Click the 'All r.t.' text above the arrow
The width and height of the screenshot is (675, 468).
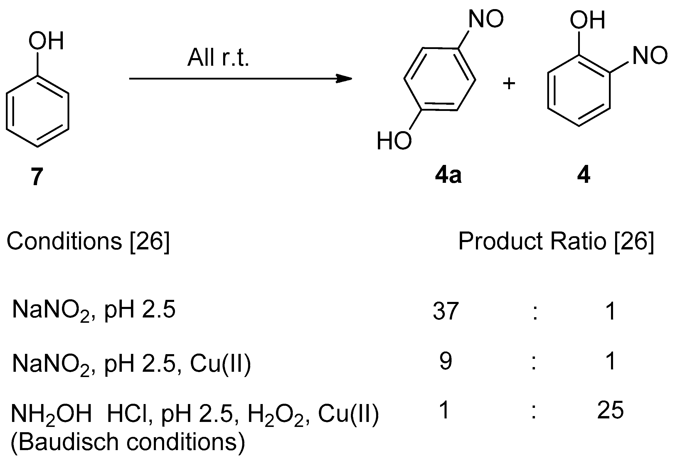218,57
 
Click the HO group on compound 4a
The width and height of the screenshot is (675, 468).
394,141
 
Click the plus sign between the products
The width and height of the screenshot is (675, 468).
509,84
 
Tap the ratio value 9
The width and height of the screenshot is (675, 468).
445,361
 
